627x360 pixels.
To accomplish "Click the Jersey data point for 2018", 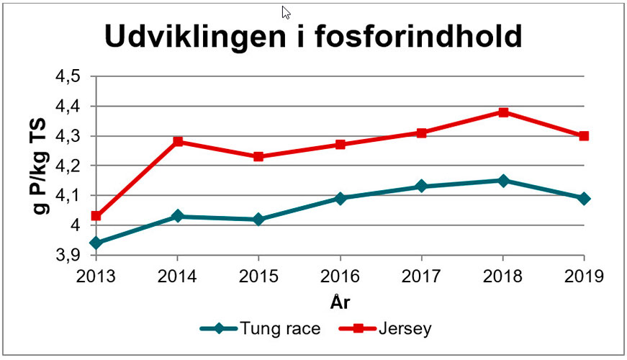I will coord(503,112).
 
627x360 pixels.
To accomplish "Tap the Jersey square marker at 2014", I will coord(177,142).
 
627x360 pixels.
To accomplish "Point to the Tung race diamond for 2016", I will coord(340,198).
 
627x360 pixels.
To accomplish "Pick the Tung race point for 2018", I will coord(503,181).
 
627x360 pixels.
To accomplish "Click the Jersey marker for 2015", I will coord(258,156).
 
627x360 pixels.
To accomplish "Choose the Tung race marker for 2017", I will coord(422,186).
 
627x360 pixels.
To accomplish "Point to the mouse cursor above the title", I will coord(286,12).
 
